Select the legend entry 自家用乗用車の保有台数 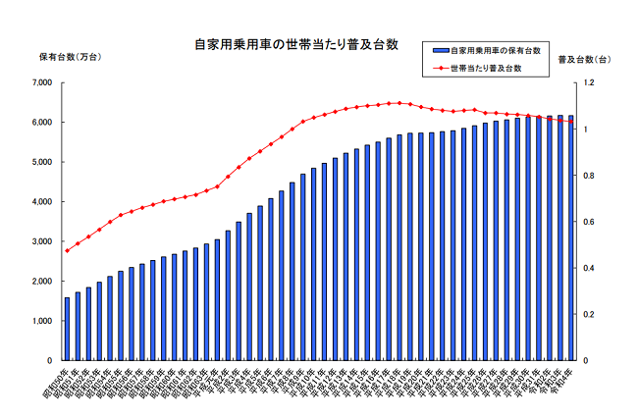[x=498, y=49]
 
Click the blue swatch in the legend [x=439, y=49]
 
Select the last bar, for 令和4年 [x=570, y=237]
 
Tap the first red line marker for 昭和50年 [x=68, y=250]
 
